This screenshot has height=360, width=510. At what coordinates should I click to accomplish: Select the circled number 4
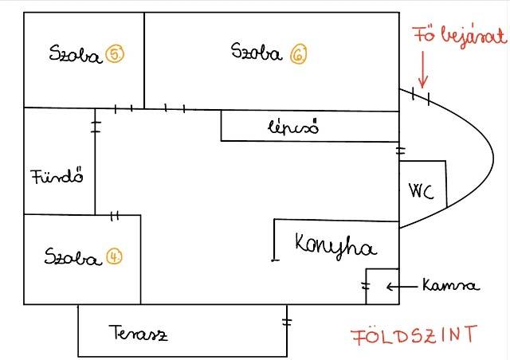tap(115, 258)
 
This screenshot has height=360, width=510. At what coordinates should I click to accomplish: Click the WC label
tap(421, 192)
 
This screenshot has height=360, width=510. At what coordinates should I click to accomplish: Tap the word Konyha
tap(335, 245)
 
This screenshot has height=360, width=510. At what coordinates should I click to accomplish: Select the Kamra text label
tap(451, 285)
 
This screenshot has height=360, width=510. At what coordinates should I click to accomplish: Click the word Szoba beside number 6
tap(256, 53)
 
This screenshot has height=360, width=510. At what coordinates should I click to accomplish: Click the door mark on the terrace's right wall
tap(286, 323)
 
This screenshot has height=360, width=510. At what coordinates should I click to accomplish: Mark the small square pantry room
tap(382, 287)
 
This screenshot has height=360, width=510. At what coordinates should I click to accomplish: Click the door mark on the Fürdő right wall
tap(96, 125)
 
